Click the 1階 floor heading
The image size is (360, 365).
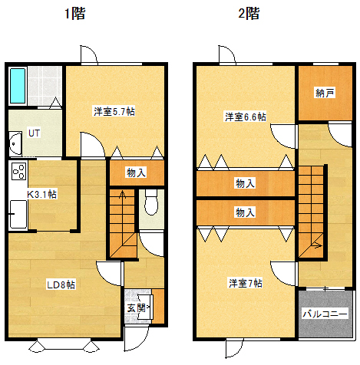[x=74, y=14]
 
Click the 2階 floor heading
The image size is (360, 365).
[x=249, y=14]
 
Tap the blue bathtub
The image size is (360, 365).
[x=18, y=86]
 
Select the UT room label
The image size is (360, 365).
[x=34, y=133]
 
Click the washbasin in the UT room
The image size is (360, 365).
[x=15, y=143]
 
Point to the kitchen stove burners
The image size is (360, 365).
[x=18, y=171]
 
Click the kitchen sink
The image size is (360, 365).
[x=18, y=215]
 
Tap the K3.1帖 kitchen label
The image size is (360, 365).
[x=41, y=195]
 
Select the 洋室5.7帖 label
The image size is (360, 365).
[x=114, y=111]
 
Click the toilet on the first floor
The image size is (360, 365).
[x=151, y=202]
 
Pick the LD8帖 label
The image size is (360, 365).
[x=61, y=284]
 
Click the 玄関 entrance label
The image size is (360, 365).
[x=137, y=308]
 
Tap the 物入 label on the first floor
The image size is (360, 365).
[x=137, y=173]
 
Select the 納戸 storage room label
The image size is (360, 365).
[x=325, y=93]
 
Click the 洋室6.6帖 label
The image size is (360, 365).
[x=246, y=117]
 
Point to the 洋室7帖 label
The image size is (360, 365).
[x=246, y=283]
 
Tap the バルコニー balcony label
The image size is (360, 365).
[x=325, y=314]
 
